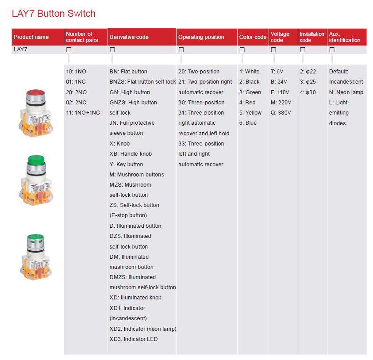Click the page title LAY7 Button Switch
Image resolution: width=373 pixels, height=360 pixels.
(x=54, y=14)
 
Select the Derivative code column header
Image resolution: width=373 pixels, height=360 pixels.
(x=129, y=37)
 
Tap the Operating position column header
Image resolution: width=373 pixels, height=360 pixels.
(x=201, y=37)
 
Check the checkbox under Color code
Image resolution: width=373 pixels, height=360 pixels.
(x=242, y=50)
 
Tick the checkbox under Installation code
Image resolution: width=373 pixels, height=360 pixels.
(x=303, y=50)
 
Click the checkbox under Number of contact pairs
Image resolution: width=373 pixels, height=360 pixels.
(x=69, y=50)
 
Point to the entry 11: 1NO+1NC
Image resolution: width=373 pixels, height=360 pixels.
(x=83, y=113)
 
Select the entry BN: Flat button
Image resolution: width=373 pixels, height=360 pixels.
(x=128, y=72)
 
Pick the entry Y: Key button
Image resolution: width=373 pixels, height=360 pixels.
(x=126, y=164)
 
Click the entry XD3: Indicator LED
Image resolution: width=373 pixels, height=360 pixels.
(x=133, y=339)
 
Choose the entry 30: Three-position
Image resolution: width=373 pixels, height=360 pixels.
(x=201, y=103)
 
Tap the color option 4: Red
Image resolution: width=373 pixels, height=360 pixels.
(x=247, y=103)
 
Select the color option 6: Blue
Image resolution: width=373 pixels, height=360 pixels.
(x=248, y=123)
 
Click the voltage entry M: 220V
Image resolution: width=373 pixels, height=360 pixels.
(x=281, y=103)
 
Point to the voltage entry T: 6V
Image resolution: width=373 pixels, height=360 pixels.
(x=277, y=72)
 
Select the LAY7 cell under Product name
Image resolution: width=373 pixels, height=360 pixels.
(x=20, y=50)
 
